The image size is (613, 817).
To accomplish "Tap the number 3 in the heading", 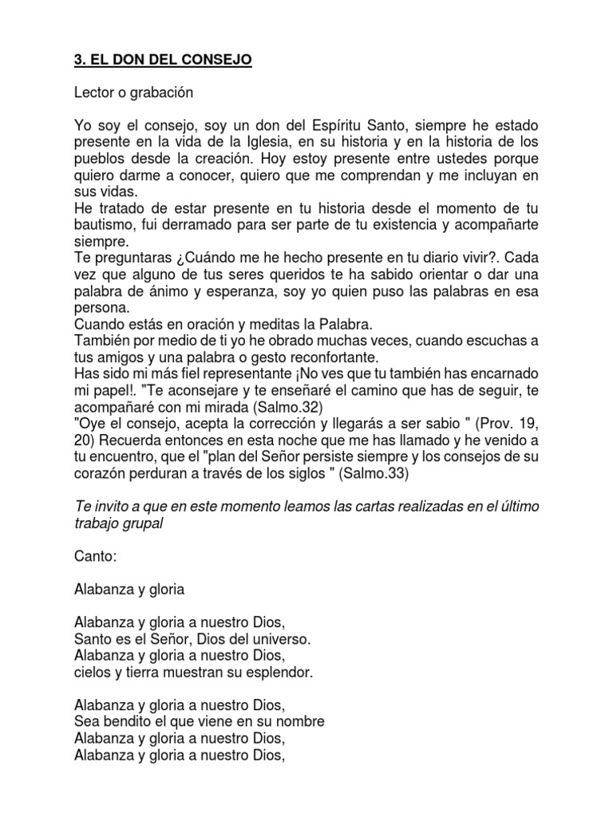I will click(78, 61).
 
